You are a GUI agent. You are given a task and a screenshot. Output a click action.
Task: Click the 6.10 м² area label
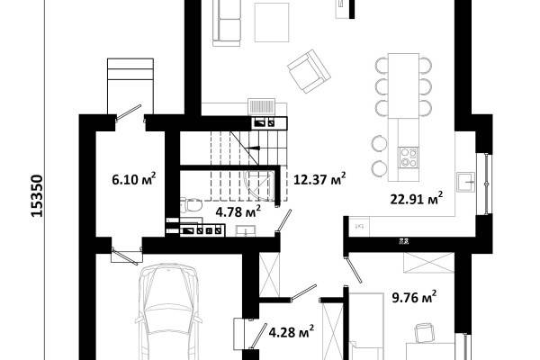tap(134, 179)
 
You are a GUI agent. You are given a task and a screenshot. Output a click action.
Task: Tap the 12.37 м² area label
tap(319, 179)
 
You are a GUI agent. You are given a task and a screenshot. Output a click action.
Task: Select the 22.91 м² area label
tap(417, 199)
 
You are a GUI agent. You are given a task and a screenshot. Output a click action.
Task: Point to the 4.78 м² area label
tap(238, 211)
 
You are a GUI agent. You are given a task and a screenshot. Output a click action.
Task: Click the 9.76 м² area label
tap(415, 297)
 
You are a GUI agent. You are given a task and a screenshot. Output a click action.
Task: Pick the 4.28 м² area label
tap(291, 332)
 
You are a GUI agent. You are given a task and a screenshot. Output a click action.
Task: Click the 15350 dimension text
tap(37, 196)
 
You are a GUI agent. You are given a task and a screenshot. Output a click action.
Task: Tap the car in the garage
tap(168, 311)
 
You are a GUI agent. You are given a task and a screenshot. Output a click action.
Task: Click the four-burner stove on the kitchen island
tap(409, 157)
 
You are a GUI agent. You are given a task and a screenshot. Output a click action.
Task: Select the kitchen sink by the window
tap(465, 182)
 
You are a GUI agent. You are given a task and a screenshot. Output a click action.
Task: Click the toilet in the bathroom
tap(191, 206)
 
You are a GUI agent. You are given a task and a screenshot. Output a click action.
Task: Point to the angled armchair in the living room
tap(309, 71)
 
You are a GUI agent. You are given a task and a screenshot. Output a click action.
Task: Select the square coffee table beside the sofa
tap(272, 22)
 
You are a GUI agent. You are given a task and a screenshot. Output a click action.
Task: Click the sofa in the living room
tap(227, 22)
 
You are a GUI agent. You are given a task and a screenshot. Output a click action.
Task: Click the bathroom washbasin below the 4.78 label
tap(246, 230)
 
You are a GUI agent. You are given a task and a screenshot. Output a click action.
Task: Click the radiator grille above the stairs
tap(261, 106)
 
